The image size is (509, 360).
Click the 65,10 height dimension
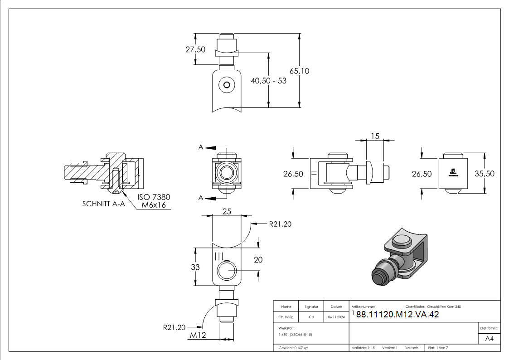pos(299,71)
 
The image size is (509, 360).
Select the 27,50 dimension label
pos(195,49)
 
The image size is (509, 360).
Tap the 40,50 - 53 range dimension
pos(268,81)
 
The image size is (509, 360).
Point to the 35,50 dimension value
pos(485,174)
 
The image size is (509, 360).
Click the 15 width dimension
pos(375,136)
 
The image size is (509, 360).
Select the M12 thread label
pos(198,335)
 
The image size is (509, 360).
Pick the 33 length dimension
pos(195,267)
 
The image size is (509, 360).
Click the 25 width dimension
pos(227,212)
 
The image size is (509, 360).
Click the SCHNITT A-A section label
pos(103,204)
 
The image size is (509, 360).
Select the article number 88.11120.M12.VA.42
pos(398,314)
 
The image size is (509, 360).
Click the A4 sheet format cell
pos(489,339)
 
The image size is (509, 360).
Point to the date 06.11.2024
pos(336,317)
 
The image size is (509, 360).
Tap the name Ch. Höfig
pos(286,317)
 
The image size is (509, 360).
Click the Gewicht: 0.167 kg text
pos(293,348)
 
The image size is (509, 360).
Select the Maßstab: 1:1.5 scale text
pos(363,348)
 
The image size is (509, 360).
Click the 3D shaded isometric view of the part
pos(399,258)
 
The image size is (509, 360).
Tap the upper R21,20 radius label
pos(280,224)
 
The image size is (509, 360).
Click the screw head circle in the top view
pos(227,85)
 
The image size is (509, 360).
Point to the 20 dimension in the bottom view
pos(258,260)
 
